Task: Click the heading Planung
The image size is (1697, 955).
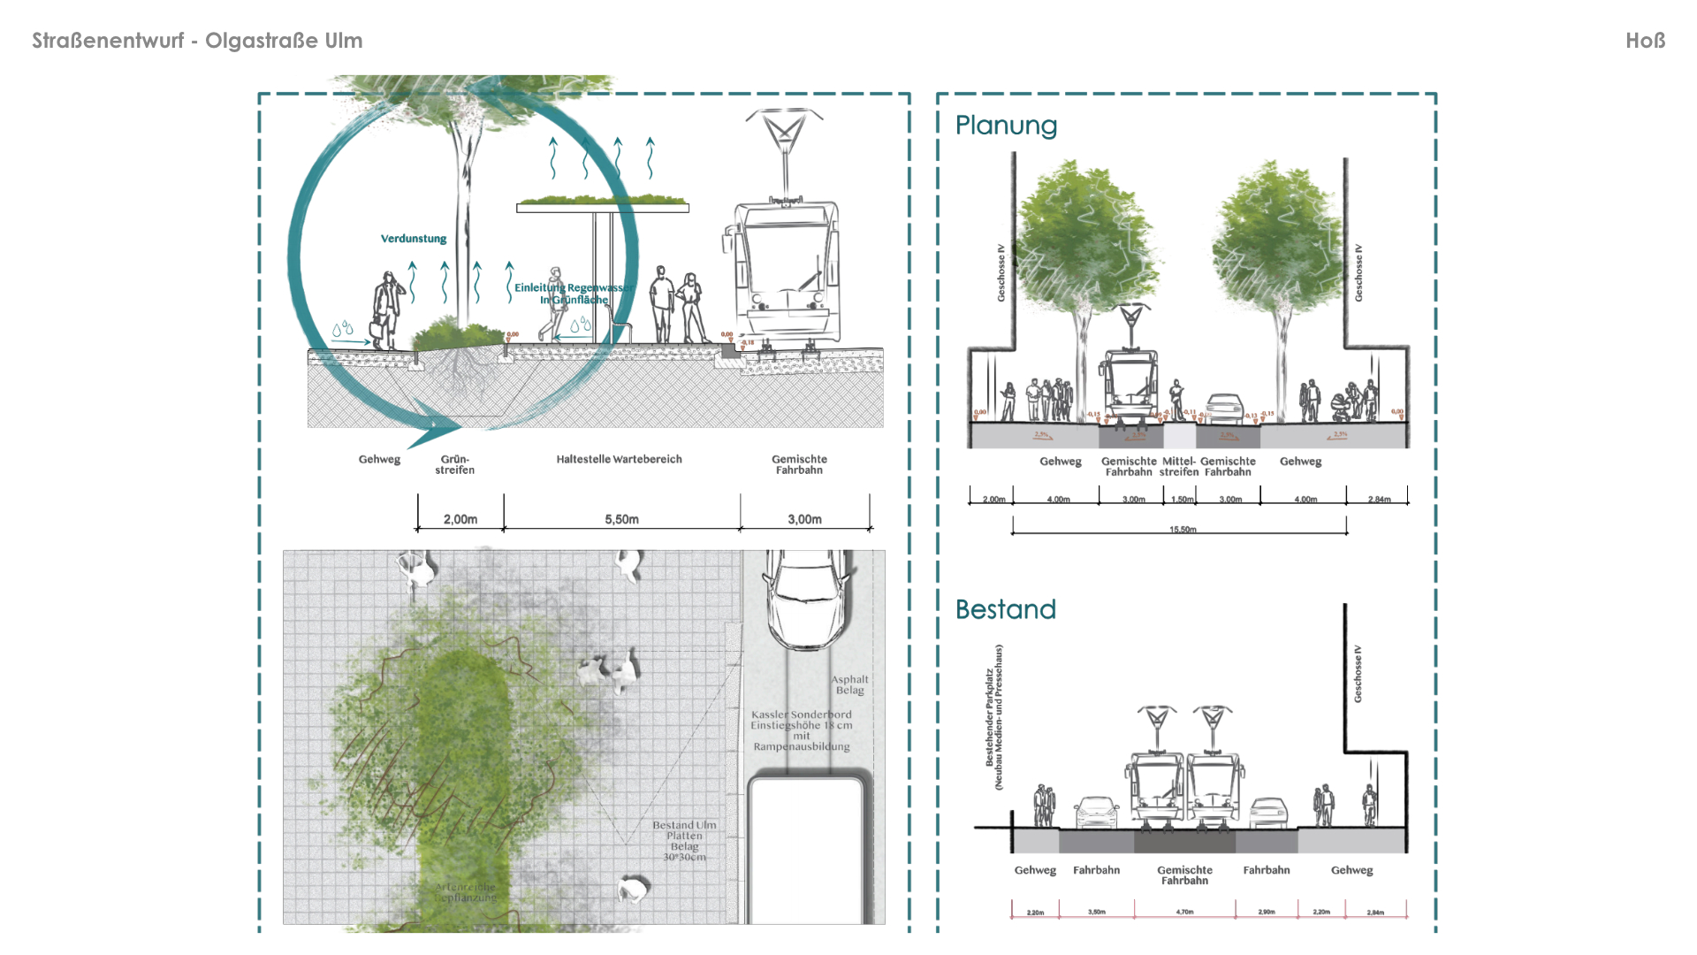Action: [1006, 126]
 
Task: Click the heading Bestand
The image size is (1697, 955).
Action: [1005, 609]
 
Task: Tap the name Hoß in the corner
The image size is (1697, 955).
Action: [1645, 41]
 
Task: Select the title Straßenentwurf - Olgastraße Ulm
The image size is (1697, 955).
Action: [197, 41]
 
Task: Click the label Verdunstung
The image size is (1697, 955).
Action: [414, 239]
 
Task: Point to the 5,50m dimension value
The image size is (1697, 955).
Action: [621, 519]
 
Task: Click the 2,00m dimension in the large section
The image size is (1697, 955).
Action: [460, 519]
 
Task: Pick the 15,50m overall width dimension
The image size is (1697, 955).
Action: [1183, 530]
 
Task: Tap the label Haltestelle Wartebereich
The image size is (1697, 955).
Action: [619, 459]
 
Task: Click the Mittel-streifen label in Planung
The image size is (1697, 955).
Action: [1179, 466]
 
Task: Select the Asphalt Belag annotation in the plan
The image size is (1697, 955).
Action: [849, 684]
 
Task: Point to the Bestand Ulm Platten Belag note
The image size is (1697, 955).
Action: [685, 840]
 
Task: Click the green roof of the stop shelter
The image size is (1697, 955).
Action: [603, 202]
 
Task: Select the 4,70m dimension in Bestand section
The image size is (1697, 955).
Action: [1184, 912]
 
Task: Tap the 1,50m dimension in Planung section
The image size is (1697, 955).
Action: [1182, 500]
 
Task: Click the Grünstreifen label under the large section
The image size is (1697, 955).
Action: [455, 464]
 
